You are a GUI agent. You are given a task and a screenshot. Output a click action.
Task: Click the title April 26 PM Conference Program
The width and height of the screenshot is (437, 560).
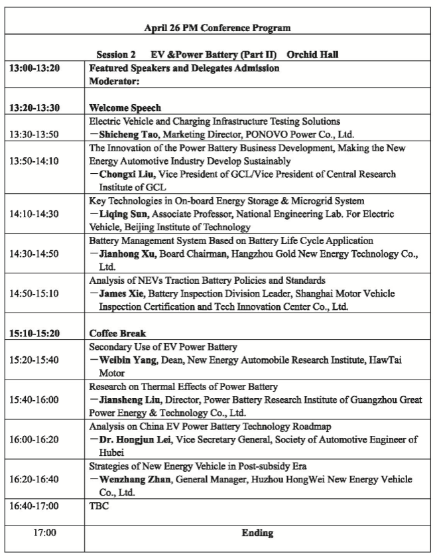(x=218, y=28)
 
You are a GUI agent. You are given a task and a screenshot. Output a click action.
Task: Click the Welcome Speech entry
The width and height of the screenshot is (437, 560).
(x=125, y=107)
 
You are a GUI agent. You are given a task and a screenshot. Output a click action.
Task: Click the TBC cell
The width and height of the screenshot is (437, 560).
(x=98, y=506)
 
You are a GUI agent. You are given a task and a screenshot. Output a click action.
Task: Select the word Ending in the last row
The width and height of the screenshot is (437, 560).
(x=257, y=533)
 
